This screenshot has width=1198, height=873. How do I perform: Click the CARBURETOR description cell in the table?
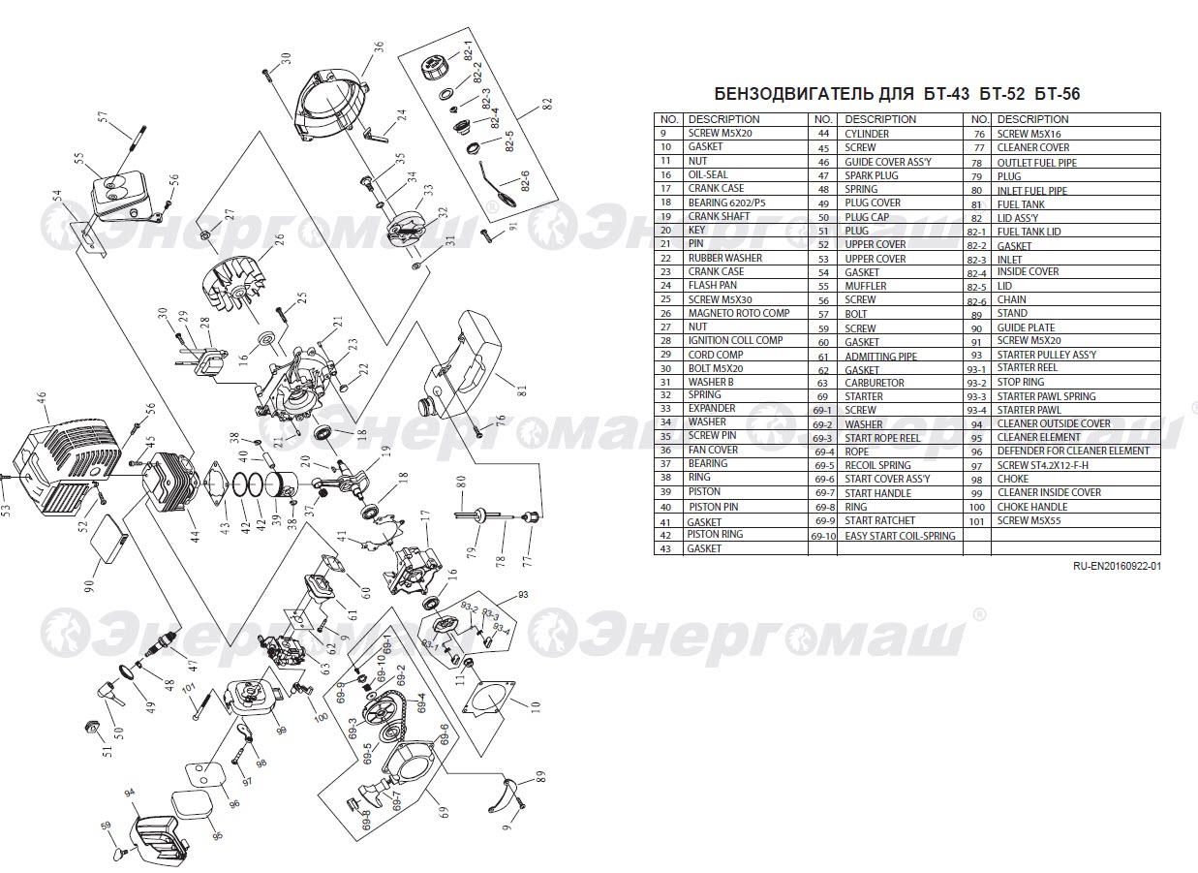tap(874, 383)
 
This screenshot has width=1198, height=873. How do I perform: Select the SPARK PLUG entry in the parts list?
tap(872, 175)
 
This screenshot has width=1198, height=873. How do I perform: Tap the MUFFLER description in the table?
tap(866, 286)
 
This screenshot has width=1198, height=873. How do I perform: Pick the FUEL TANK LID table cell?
tap(1029, 232)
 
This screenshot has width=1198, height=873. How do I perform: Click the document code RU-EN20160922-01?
tap(1118, 566)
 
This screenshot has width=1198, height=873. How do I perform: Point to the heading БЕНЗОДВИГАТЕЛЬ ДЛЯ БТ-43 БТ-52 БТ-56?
tap(897, 94)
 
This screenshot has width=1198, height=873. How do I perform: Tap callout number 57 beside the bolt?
tap(104, 117)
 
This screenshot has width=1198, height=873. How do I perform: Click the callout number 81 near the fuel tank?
tap(521, 390)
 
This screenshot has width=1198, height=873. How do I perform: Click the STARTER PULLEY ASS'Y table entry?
tap(1047, 355)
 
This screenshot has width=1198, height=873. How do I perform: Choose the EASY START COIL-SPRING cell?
tap(900, 536)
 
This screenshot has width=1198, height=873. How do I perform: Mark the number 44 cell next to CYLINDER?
tap(823, 134)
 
